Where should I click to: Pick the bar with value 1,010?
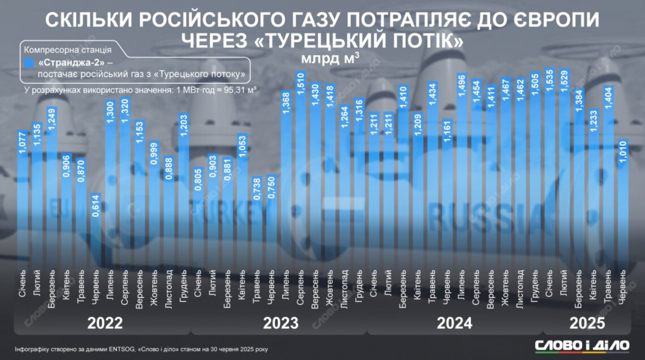pyautogui.click(x=622, y=204)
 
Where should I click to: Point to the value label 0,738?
pyautogui.click(x=257, y=189)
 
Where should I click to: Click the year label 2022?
pyautogui.click(x=105, y=323)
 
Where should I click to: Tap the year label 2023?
pyautogui.click(x=281, y=323)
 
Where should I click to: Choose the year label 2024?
pyautogui.click(x=455, y=323)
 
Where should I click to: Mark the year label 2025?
pyautogui.click(x=587, y=323)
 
